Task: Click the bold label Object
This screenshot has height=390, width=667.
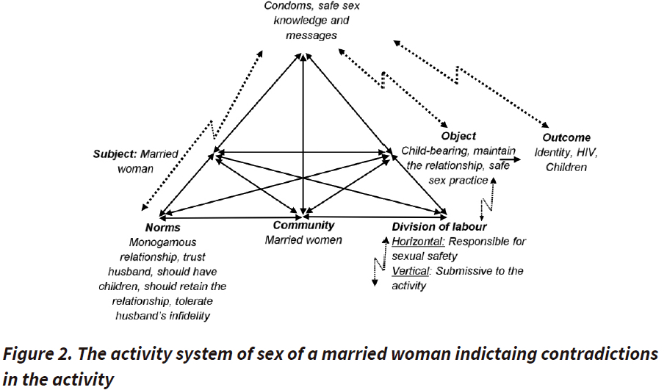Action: tap(458, 136)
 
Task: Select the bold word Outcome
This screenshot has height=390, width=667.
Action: tap(566, 138)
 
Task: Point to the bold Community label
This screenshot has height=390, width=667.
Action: tap(303, 225)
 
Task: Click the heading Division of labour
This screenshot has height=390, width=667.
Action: tap(439, 227)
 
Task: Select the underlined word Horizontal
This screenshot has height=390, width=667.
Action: tap(418, 242)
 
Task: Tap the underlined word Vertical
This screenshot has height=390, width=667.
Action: tap(411, 271)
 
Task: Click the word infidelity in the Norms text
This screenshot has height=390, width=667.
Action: tap(184, 316)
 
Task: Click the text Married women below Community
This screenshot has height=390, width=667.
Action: tap(303, 240)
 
